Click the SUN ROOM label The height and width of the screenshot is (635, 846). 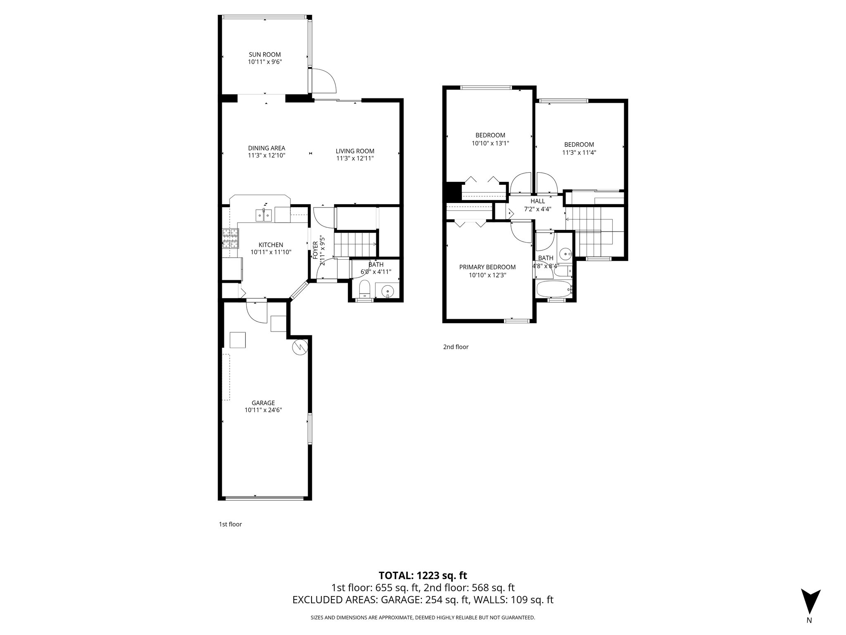(264, 55)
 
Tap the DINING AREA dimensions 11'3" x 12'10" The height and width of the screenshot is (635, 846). (266, 155)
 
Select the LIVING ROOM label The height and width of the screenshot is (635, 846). (355, 151)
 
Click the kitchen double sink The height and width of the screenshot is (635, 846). (263, 215)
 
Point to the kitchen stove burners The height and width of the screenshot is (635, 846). (231, 239)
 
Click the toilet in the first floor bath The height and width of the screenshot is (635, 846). (364, 289)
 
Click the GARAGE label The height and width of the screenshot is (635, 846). (263, 403)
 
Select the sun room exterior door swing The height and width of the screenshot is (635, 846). (324, 81)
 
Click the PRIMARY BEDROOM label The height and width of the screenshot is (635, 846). (487, 267)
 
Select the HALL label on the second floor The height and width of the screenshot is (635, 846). (537, 201)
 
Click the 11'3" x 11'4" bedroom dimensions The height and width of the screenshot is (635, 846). (579, 152)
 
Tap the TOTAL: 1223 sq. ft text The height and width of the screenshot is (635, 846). (423, 575)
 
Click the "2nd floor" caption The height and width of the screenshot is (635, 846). (456, 347)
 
